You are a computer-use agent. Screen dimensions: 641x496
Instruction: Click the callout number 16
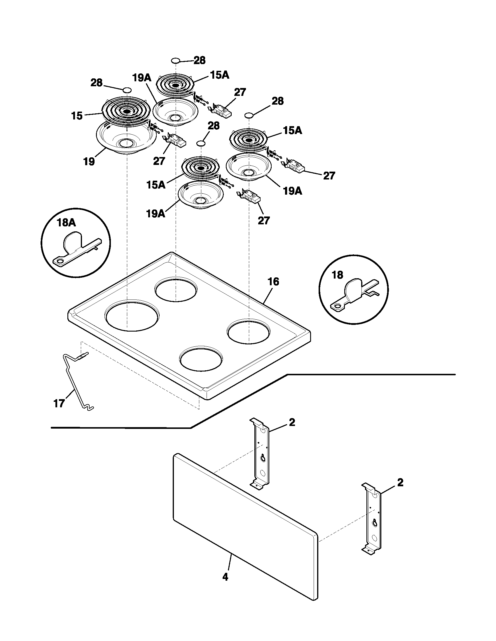[273, 282]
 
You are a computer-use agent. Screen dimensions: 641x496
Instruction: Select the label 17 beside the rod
[59, 404]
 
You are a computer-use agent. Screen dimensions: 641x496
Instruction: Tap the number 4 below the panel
[225, 577]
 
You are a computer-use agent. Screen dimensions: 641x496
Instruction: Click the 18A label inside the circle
[66, 223]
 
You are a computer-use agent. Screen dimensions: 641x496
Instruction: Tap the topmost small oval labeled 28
[175, 61]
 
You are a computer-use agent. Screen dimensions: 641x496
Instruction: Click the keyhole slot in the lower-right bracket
[374, 522]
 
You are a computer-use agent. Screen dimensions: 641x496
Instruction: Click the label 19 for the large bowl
[89, 161]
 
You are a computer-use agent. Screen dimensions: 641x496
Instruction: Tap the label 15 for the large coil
[77, 116]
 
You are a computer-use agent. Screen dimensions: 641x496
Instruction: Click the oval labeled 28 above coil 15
[127, 90]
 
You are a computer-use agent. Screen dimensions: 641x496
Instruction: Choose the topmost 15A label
[219, 75]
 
